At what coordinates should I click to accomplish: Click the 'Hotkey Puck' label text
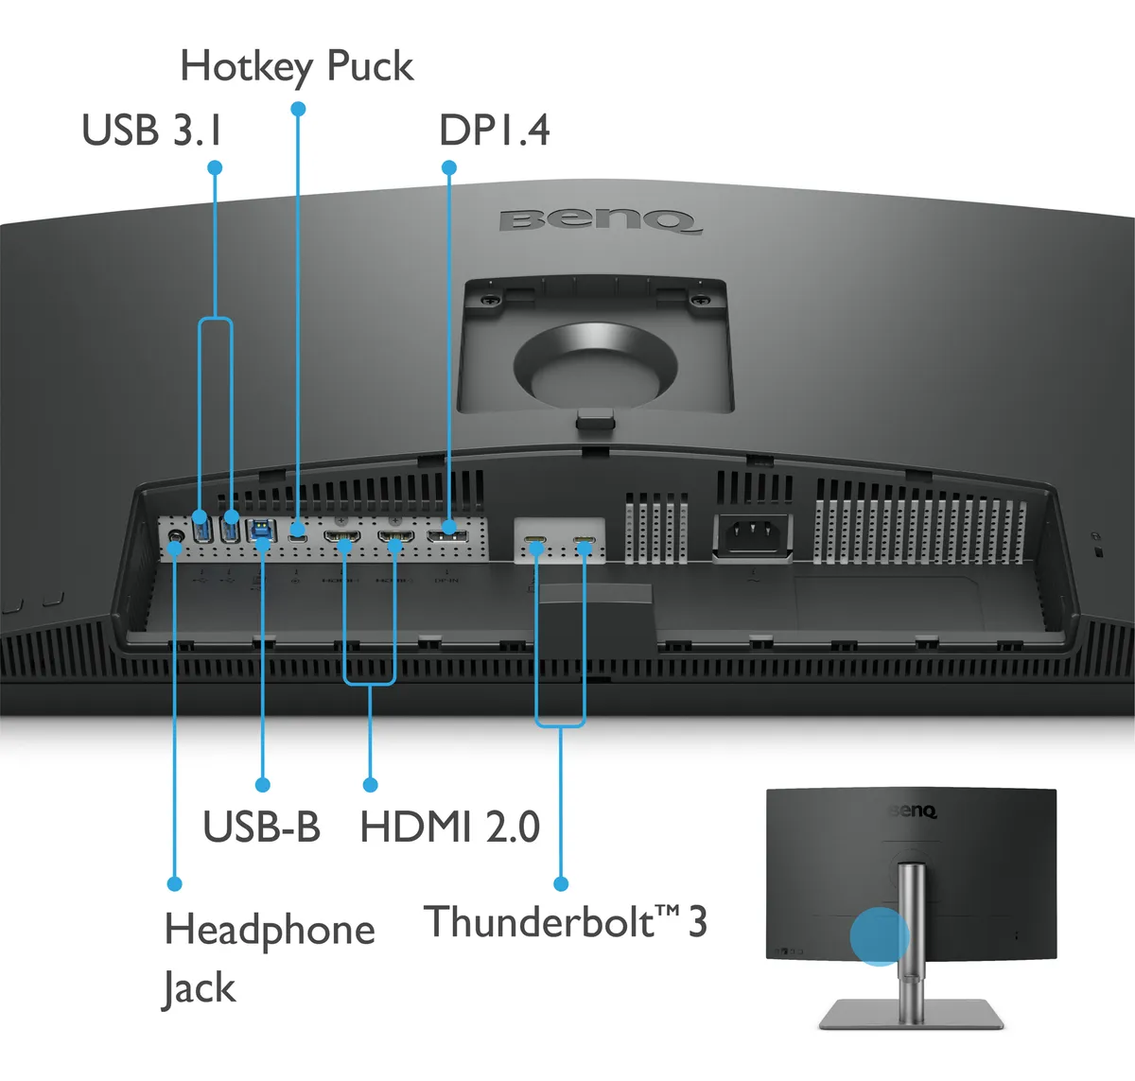tap(297, 66)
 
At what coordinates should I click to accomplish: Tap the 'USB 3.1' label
tap(152, 130)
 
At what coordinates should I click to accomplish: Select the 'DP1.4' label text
tap(494, 131)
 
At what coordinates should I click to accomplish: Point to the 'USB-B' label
tap(261, 826)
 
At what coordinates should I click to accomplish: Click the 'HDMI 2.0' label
tap(449, 827)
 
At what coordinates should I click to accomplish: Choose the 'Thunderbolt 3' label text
tap(565, 922)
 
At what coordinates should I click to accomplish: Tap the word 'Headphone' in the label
tap(270, 930)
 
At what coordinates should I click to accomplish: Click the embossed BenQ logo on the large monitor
tap(601, 220)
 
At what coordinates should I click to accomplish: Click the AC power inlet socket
tap(753, 536)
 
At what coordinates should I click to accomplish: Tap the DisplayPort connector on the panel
tap(447, 537)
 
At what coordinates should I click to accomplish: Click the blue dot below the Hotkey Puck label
tap(298, 109)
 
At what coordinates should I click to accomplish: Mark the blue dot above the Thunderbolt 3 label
tap(561, 883)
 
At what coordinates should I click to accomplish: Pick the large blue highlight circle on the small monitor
tap(880, 937)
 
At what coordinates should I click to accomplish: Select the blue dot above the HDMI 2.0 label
tap(371, 785)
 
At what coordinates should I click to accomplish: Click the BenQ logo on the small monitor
tap(913, 811)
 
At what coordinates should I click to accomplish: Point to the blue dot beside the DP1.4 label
tap(449, 168)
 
